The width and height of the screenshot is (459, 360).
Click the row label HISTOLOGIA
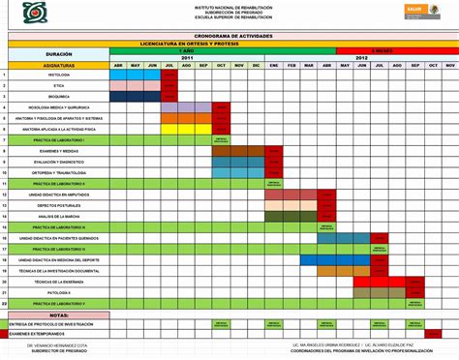59,75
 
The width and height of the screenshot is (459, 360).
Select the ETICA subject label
59,85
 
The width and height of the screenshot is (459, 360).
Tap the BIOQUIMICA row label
59,97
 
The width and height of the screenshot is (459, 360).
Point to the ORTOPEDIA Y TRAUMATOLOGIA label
59,172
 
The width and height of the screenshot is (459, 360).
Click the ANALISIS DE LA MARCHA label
59,216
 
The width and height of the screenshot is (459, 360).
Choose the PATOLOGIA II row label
59,292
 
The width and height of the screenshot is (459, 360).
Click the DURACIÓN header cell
59,54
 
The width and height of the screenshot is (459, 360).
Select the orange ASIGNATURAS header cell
59,65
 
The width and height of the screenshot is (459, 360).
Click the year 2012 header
361,58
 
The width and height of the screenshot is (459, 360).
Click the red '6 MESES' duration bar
382,50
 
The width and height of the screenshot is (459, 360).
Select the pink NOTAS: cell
59,315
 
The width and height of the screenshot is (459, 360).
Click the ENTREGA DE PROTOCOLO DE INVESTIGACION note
53,323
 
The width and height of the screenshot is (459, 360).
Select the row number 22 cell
5,303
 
